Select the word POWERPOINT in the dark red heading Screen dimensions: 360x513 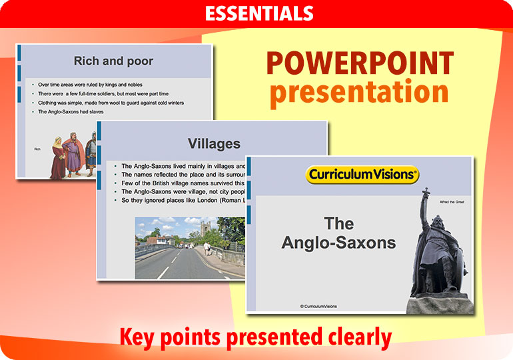(x=360, y=64)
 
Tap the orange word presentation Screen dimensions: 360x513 (x=359, y=93)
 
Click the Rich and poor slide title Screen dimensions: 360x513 (x=113, y=61)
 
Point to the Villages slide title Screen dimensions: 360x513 (x=214, y=143)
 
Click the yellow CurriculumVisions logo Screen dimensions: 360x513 (x=362, y=175)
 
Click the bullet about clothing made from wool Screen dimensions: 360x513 (x=111, y=103)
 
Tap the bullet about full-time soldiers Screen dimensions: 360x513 (x=107, y=94)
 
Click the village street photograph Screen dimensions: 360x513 (x=190, y=247)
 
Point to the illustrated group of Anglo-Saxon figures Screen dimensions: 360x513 (x=73, y=155)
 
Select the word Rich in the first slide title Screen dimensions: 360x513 (x=86, y=61)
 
